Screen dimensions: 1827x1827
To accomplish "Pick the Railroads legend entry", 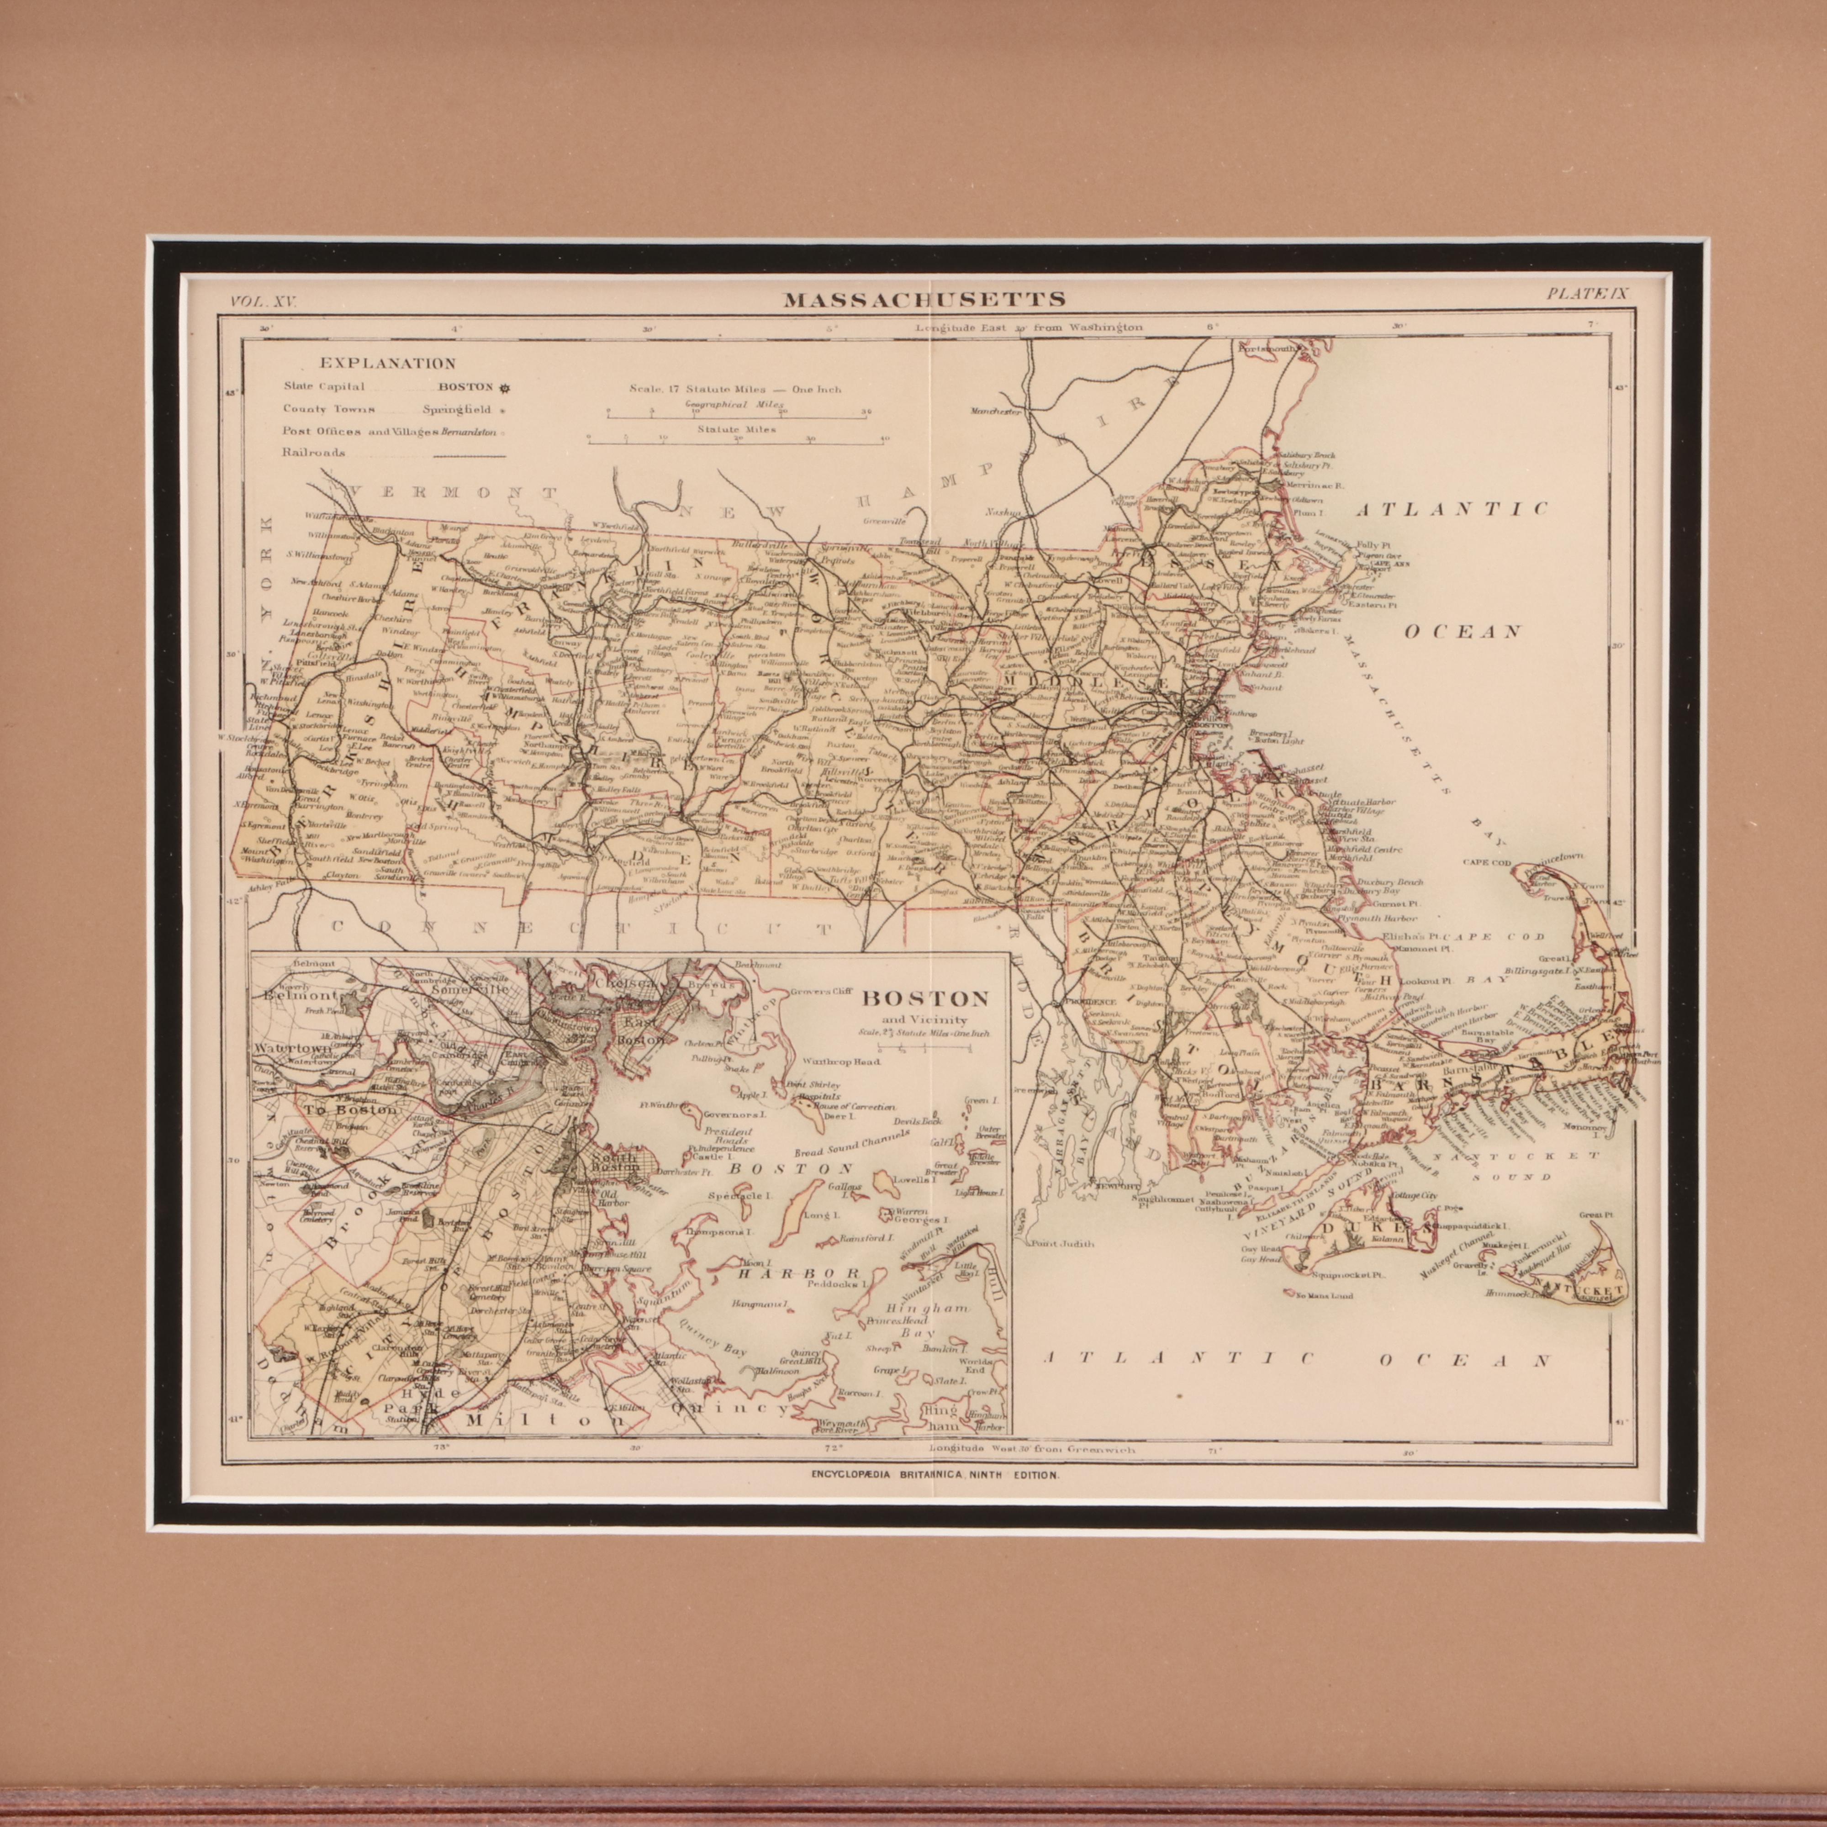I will pos(313,452).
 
